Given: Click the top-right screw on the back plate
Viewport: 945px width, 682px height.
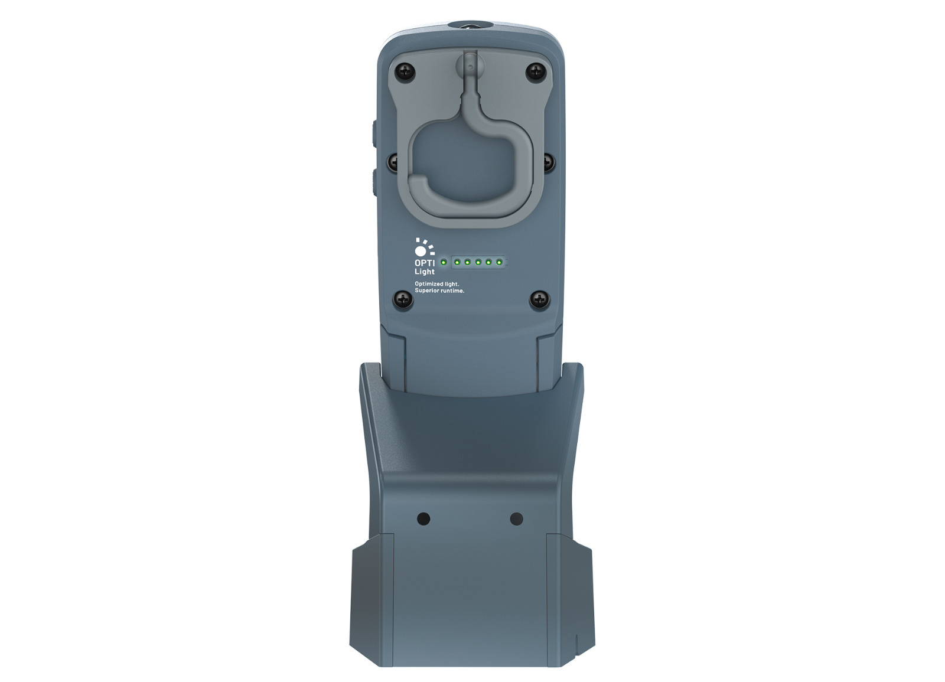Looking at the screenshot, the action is coord(536,71).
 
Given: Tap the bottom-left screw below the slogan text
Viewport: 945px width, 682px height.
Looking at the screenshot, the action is coord(403,300).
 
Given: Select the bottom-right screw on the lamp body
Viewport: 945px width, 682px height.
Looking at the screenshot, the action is coord(539,300).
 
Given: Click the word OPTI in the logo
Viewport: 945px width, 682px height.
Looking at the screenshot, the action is coord(425,263).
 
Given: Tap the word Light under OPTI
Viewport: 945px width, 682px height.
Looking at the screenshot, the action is coord(425,272).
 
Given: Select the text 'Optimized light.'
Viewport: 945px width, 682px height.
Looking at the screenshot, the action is coord(436,284).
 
